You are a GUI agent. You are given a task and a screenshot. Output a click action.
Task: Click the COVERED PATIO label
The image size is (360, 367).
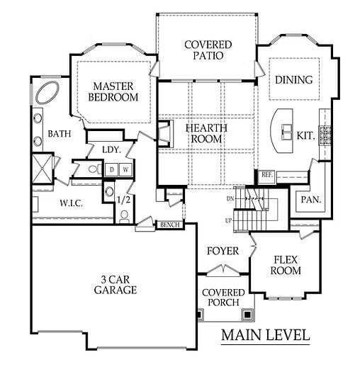pyautogui.click(x=208, y=50)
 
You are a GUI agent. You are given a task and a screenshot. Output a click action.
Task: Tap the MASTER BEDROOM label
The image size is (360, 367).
pyautogui.click(x=113, y=91)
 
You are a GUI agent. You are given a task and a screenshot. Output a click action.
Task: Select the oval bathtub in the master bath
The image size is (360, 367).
pyautogui.click(x=47, y=92)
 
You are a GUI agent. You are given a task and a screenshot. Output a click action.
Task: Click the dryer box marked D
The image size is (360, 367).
pyautogui.click(x=112, y=169)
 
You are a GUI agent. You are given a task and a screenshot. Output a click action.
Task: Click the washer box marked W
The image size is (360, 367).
pyautogui.click(x=125, y=169)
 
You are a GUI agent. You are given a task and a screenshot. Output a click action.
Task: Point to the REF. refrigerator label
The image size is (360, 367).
pyautogui.click(x=267, y=175)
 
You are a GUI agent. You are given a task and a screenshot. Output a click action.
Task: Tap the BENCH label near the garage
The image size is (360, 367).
pyautogui.click(x=170, y=225)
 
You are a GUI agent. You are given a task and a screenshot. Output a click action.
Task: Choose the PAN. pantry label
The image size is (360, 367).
pyautogui.click(x=311, y=200)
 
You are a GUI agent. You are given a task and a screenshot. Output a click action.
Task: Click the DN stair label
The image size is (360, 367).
pyautogui.click(x=230, y=199)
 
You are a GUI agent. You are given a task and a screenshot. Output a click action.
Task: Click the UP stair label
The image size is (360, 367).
pyautogui.click(x=228, y=221)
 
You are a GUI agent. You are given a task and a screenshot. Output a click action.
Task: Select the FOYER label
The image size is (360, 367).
pyautogui.click(x=223, y=251)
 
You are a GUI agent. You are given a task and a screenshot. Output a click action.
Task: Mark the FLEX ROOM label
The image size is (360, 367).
pyautogui.click(x=286, y=265)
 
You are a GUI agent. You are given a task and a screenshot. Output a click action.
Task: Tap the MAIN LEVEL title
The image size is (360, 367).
pyautogui.click(x=266, y=335)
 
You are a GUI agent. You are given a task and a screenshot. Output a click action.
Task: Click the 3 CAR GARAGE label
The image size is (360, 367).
pyautogui.click(x=116, y=285)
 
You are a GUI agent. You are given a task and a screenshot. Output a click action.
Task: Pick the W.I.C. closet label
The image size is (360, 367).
pyautogui.click(x=71, y=203)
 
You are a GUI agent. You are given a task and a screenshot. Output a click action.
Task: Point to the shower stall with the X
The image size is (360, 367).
pyautogui.click(x=42, y=169)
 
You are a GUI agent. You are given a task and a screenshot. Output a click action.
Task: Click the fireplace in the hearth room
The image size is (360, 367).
pyautogui.click(x=166, y=134)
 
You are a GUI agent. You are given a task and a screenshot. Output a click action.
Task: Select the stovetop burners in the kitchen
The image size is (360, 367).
pyautogui.click(x=325, y=135)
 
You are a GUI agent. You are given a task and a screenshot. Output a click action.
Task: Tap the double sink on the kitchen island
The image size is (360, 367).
pyautogui.click(x=287, y=132)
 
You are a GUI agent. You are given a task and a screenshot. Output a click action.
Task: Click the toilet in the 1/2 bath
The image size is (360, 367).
pyautogui.click(x=124, y=217)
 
